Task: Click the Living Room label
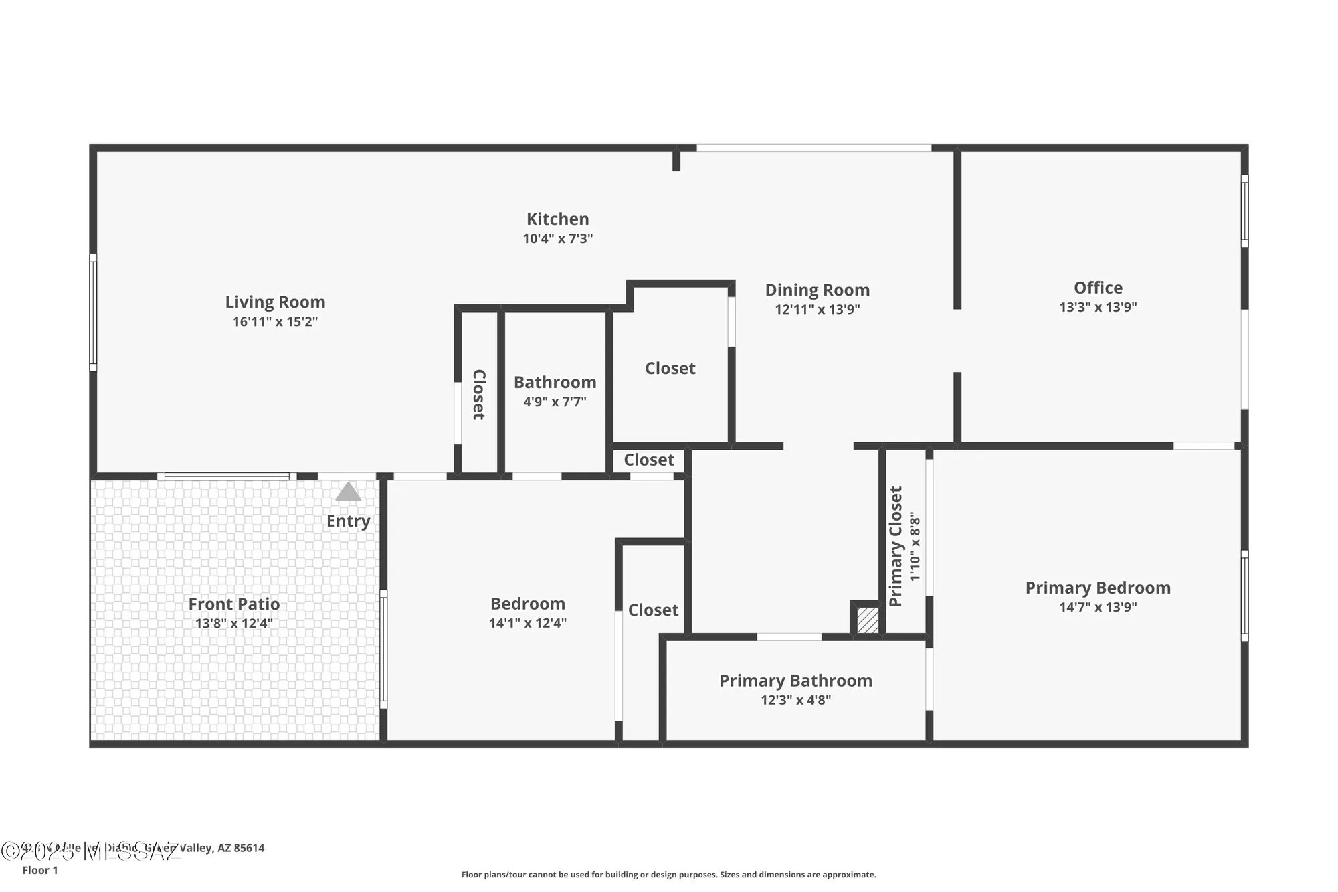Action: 275,302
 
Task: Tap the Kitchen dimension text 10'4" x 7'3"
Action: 557,239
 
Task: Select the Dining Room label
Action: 817,290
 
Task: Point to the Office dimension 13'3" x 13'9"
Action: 1098,307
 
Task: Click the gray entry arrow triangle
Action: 348,493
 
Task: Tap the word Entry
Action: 348,521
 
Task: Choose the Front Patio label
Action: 233,604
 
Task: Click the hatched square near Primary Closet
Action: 868,620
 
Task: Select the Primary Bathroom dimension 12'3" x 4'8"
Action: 795,700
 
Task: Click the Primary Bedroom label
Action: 1098,588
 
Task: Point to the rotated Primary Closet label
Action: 896,546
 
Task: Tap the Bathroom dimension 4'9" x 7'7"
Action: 555,402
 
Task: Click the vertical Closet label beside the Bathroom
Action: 479,395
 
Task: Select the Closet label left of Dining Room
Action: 670,369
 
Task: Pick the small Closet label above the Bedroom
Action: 648,460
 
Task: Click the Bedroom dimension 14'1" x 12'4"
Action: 527,623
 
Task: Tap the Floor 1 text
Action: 40,870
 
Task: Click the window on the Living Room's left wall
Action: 93,313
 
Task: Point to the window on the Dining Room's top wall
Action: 814,148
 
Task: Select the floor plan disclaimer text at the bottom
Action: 668,875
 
